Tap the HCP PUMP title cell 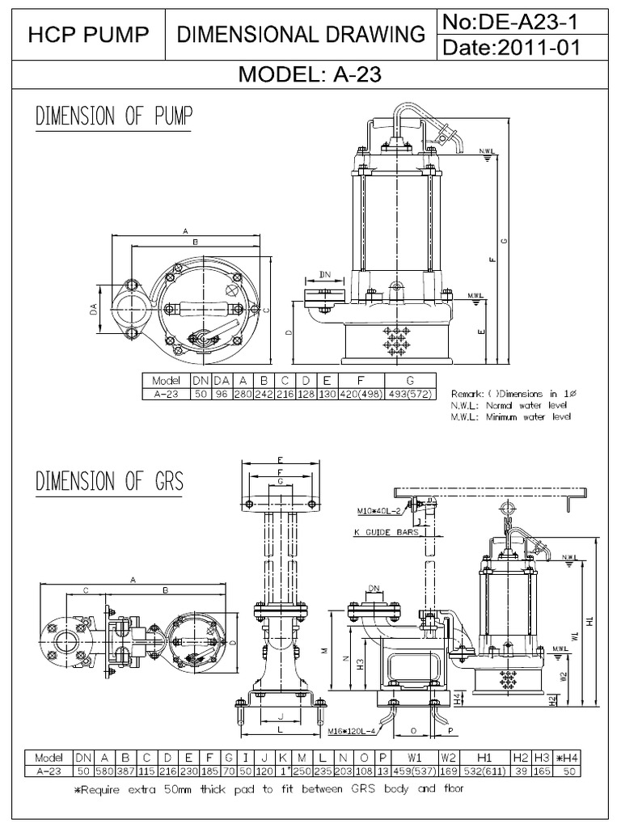(x=88, y=34)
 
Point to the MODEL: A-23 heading (x=310, y=75)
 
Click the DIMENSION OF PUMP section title (x=114, y=117)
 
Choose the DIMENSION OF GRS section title (x=109, y=482)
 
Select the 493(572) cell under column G (x=411, y=395)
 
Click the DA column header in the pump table (x=218, y=381)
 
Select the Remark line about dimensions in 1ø (x=509, y=394)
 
